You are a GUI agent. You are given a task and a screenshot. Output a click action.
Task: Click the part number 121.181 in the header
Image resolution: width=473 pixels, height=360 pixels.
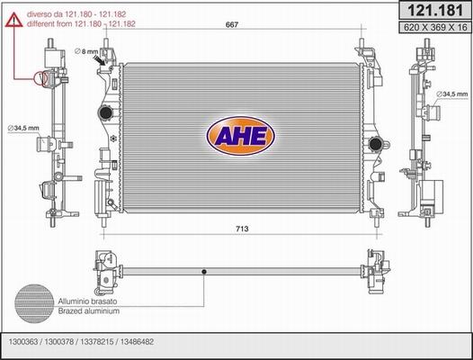434,11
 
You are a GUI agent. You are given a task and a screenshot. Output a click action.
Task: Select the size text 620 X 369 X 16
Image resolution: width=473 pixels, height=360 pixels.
435,28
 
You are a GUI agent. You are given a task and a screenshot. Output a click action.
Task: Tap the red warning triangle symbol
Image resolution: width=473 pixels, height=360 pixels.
13,20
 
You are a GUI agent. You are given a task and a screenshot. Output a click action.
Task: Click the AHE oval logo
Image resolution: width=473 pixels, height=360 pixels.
241,136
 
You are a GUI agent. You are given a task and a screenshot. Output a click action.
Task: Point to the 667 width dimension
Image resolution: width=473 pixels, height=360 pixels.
232,25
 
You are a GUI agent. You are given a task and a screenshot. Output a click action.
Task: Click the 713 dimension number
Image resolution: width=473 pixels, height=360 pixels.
242,229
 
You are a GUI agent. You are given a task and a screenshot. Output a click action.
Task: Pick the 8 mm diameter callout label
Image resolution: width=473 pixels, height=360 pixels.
86,51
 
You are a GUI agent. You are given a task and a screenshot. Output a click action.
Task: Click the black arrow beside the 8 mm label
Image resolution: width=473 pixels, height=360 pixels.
99,59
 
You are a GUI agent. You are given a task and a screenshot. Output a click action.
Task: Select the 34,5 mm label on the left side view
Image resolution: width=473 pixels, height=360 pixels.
23,129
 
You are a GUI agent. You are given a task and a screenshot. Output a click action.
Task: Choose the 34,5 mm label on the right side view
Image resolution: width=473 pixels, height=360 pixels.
452,94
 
